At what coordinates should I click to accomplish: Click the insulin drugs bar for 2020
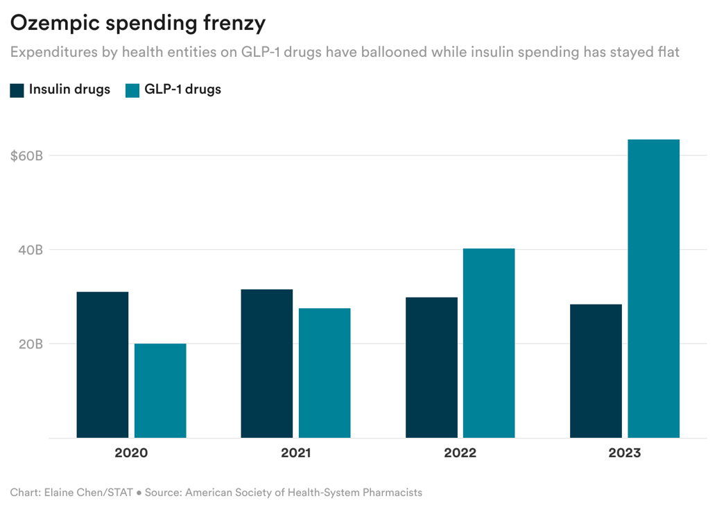[x=102, y=365]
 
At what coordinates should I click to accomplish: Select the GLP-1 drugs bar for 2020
[x=160, y=391]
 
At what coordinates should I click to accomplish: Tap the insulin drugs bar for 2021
[x=267, y=364]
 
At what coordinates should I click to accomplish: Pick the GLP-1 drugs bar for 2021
[x=325, y=373]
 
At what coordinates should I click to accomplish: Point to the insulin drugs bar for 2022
[x=431, y=368]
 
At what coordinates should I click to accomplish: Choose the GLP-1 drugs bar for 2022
[x=489, y=343]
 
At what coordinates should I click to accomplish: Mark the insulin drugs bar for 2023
[x=596, y=371]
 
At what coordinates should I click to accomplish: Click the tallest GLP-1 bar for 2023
[x=653, y=289]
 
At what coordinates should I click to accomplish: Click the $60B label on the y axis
[x=27, y=155]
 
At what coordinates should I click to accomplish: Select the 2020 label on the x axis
[x=131, y=454]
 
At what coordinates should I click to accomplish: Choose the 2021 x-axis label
[x=296, y=454]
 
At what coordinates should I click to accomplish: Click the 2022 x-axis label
[x=460, y=454]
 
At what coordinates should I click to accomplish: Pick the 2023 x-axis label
[x=625, y=454]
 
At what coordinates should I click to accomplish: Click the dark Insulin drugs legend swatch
[x=17, y=90]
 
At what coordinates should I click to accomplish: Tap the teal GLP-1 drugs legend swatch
[x=132, y=90]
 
